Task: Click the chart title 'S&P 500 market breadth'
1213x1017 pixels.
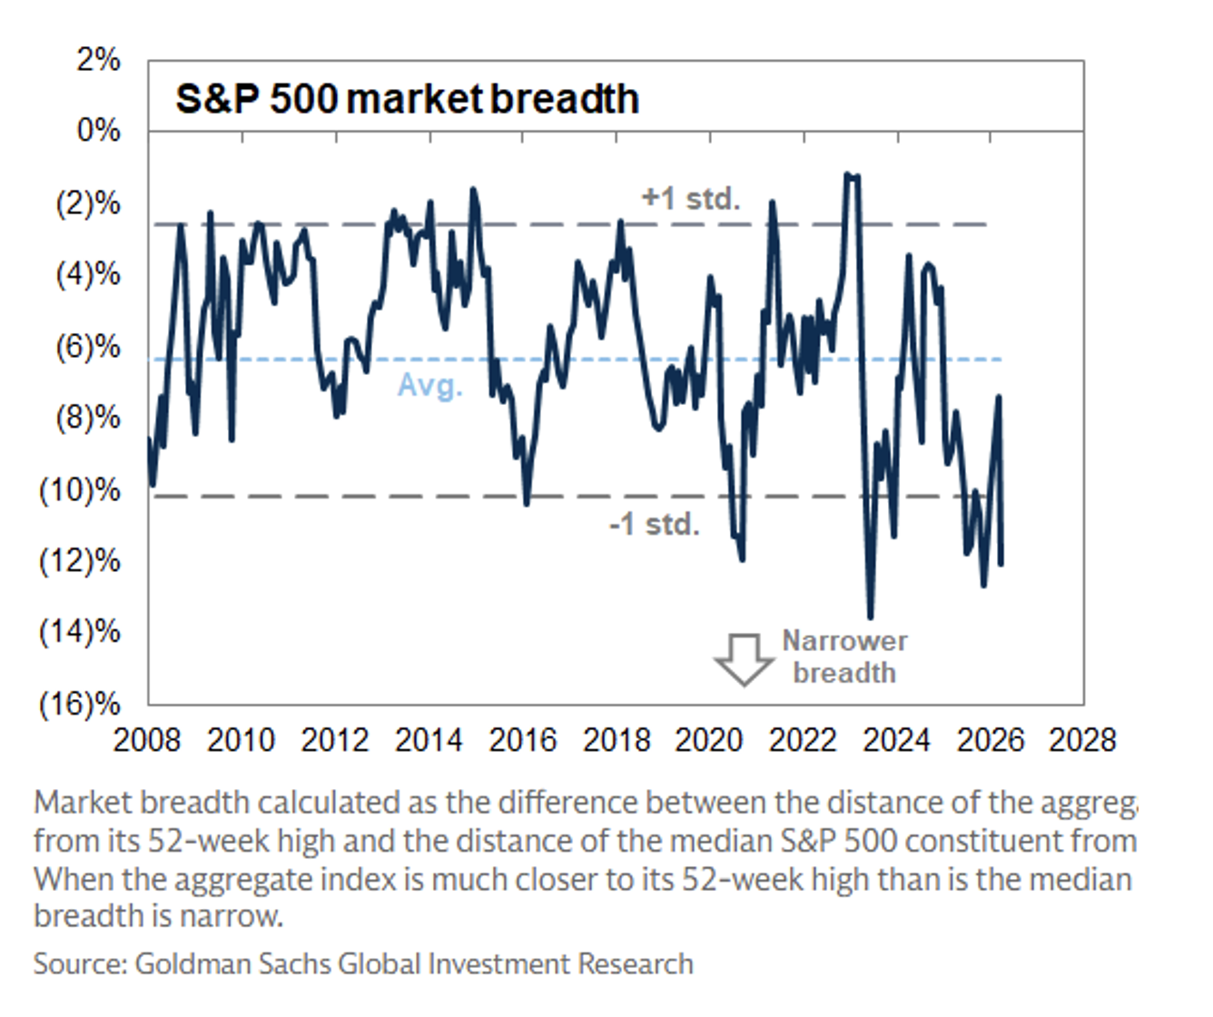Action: pos(407,99)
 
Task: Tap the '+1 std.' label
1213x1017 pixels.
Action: pos(691,198)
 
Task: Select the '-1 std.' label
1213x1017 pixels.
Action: pos(655,524)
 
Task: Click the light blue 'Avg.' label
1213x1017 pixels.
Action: pos(430,385)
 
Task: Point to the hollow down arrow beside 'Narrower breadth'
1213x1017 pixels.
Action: pos(744,658)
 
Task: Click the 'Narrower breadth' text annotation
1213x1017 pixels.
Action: pos(844,657)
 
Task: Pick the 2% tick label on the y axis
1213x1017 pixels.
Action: pos(98,60)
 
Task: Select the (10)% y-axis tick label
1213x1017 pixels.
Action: pos(80,490)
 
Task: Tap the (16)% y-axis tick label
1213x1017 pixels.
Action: pos(80,704)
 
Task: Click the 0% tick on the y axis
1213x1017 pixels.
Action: pos(98,131)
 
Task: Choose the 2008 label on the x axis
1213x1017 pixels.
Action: pos(147,740)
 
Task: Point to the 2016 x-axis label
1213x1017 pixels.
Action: pos(523,740)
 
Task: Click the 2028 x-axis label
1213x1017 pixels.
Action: pos(1082,740)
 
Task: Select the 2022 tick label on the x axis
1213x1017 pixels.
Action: pos(803,740)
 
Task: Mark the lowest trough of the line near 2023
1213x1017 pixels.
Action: pos(870,617)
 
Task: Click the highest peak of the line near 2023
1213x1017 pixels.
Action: pos(848,174)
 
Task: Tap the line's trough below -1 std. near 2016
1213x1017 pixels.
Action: pos(527,502)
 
